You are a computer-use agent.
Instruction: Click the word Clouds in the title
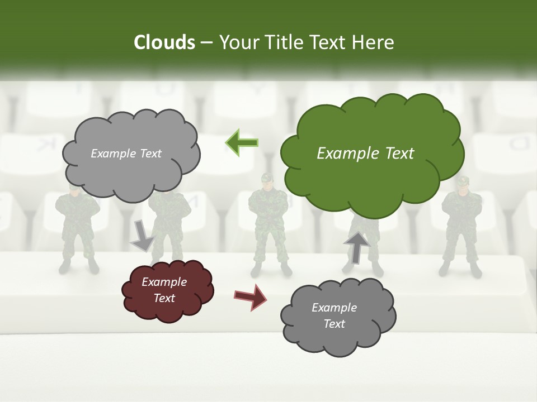(164, 42)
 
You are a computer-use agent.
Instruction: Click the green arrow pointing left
(242, 143)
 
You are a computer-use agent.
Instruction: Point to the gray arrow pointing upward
(356, 247)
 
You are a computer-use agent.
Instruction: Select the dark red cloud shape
(167, 291)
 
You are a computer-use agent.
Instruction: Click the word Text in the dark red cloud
(164, 298)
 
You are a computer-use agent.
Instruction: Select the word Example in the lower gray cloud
(334, 308)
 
